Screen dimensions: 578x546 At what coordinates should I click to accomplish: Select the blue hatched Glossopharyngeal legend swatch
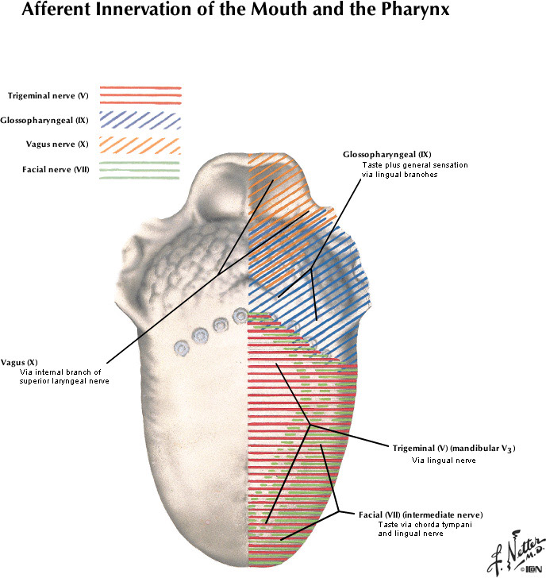click(x=140, y=121)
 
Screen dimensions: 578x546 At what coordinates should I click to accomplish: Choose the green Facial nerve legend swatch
click(x=140, y=170)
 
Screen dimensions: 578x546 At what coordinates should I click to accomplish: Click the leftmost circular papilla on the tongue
click(x=182, y=348)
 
